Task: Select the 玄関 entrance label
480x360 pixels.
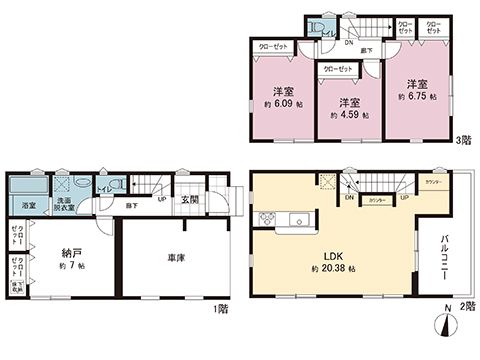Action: tap(191, 200)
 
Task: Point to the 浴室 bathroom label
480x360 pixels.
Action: tap(30, 206)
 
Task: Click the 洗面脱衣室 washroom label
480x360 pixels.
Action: tap(64, 203)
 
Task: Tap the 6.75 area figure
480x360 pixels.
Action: tap(416, 97)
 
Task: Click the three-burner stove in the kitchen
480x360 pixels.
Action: tap(267, 219)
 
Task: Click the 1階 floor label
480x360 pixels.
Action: tap(220, 310)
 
